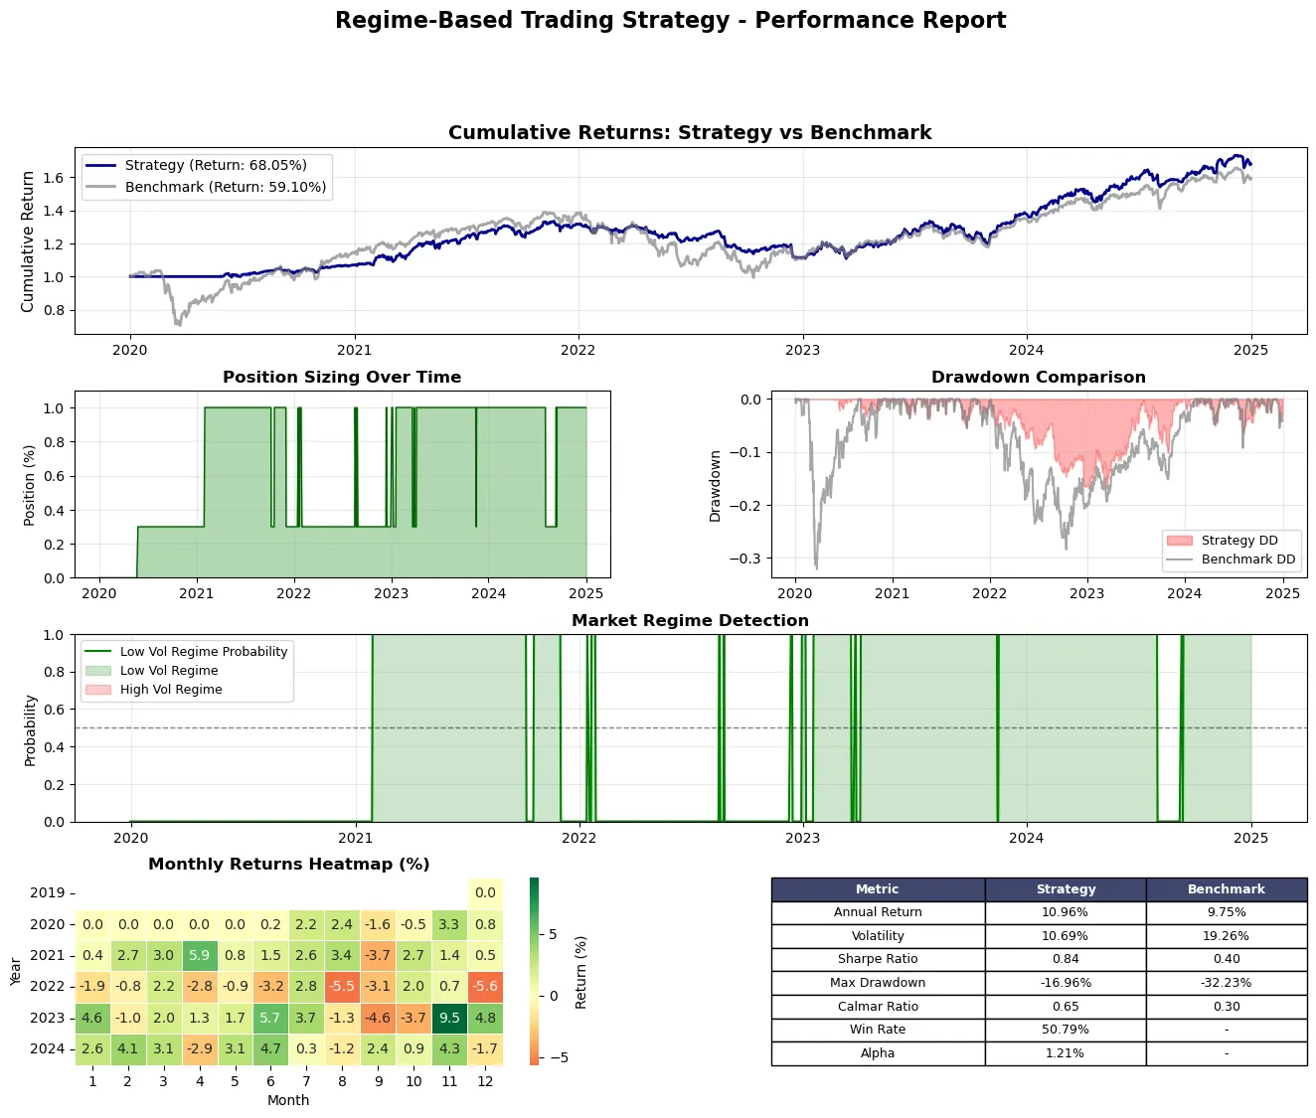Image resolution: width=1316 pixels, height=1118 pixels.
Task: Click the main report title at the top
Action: (670, 21)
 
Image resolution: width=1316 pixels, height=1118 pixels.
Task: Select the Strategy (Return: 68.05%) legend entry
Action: (215, 165)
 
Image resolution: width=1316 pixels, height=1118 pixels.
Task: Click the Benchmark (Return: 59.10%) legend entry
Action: (225, 187)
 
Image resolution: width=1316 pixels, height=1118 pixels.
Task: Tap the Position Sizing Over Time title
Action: (342, 378)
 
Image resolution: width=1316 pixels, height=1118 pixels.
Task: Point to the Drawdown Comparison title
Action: (1038, 378)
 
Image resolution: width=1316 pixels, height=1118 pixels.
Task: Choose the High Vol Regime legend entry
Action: (170, 690)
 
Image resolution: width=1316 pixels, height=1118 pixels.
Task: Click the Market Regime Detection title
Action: (690, 621)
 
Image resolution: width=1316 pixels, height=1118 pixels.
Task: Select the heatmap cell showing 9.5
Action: (449, 1018)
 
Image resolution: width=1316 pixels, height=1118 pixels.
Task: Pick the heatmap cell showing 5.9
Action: (200, 955)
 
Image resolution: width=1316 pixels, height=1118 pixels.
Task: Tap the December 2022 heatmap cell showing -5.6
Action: (485, 987)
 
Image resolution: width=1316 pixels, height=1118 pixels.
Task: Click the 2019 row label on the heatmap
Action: (47, 893)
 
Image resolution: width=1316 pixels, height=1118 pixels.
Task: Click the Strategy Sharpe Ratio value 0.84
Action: (1065, 959)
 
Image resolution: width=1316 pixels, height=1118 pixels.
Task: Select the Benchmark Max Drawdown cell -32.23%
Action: (1226, 983)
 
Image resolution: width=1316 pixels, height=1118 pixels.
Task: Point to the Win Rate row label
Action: (878, 1030)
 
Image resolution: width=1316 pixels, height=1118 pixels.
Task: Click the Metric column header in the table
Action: (878, 889)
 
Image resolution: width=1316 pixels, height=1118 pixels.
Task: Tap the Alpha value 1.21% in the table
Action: (1065, 1053)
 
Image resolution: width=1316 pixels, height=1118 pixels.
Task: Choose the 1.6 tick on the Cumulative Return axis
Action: (54, 178)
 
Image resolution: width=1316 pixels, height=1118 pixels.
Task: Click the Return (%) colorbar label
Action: (581, 972)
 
